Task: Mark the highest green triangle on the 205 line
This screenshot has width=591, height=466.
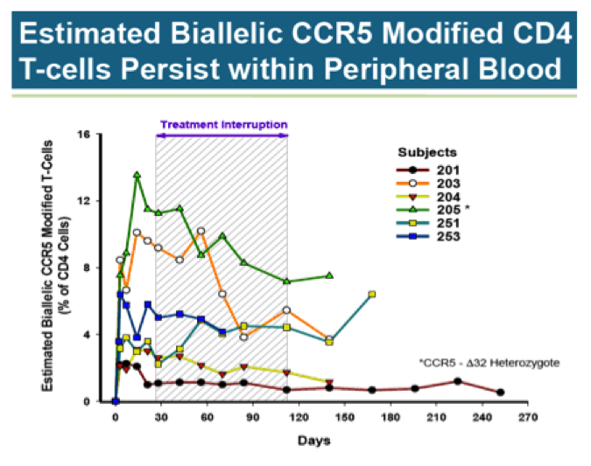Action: pyautogui.click(x=137, y=175)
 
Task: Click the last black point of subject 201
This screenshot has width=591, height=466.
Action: pyautogui.click(x=500, y=393)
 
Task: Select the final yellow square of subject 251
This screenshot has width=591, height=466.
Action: pyautogui.click(x=372, y=295)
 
